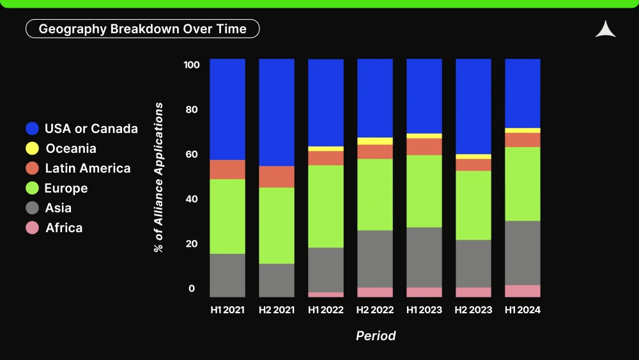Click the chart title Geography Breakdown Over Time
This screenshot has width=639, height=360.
pos(142,29)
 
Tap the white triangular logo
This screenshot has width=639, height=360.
pos(606,29)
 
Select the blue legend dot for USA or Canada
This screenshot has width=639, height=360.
pos(32,129)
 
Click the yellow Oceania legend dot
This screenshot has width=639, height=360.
pos(32,148)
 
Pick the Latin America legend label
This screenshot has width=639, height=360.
pos(88,168)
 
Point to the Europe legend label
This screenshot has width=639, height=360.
pos(66,188)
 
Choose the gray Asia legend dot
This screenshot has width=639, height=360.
pos(32,208)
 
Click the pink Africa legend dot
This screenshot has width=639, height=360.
pos(32,228)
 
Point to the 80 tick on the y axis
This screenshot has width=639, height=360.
pos(192,109)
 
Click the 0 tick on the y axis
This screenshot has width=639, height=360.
pos(192,288)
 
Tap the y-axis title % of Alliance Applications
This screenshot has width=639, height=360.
pos(158,177)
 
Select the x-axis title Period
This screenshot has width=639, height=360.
pos(376,336)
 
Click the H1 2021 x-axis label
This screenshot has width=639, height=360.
pos(227,310)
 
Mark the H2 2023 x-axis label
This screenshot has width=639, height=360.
pos(473,310)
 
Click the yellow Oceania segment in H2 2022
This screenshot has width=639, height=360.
pos(375,141)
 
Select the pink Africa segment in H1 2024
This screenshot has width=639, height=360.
pos(523,291)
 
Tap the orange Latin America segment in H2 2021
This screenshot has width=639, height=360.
pos(277,176)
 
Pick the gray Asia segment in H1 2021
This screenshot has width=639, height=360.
pos(227,276)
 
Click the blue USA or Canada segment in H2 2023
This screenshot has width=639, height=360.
pos(473,107)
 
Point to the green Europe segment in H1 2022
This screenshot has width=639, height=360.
pos(326,207)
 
